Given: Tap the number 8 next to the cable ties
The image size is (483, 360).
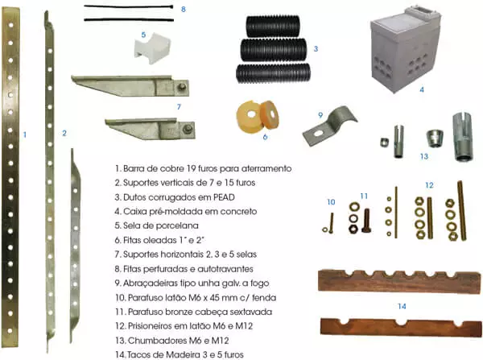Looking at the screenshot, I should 184,9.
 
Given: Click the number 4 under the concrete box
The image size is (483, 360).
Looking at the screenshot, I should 421,90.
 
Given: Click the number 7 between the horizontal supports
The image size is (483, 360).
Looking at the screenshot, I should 179,106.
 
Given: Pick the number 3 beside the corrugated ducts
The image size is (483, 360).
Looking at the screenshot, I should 316,49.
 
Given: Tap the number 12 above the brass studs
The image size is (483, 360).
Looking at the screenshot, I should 429,184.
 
